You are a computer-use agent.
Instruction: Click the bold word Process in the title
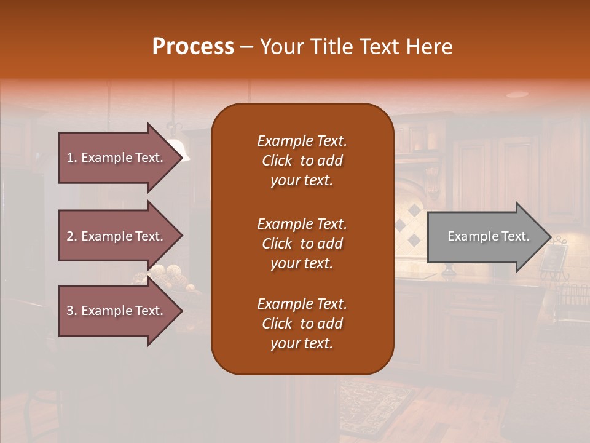pyautogui.click(x=193, y=47)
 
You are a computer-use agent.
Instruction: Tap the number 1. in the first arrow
pyautogui.click(x=72, y=158)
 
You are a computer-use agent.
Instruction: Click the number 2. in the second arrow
pyautogui.click(x=72, y=236)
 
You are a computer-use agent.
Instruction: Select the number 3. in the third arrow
pyautogui.click(x=72, y=311)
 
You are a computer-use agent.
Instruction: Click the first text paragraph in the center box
pyautogui.click(x=302, y=161)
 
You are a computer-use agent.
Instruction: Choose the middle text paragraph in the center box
pyautogui.click(x=302, y=244)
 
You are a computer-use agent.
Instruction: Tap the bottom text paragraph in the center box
pyautogui.click(x=302, y=324)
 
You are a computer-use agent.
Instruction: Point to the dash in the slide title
pyautogui.click(x=246, y=47)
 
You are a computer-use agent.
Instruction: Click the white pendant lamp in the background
pyautogui.click(x=178, y=149)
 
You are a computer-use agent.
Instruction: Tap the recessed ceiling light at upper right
pyautogui.click(x=517, y=94)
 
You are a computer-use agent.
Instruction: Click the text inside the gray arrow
pyautogui.click(x=489, y=236)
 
